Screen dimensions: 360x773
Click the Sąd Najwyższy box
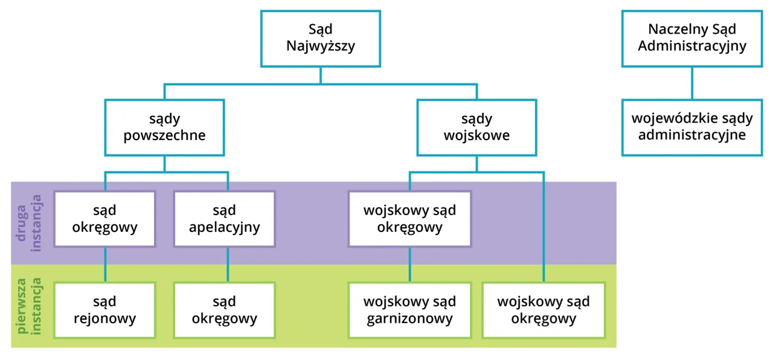(x=320, y=37)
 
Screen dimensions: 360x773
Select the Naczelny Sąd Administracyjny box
(x=692, y=37)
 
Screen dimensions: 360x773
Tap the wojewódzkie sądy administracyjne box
(x=692, y=127)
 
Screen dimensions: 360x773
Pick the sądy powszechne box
(x=164, y=127)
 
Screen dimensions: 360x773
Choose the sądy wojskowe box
(x=476, y=127)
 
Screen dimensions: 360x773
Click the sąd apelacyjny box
(x=224, y=219)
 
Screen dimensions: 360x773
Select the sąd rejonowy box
(x=104, y=310)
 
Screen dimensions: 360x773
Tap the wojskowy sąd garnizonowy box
(x=410, y=310)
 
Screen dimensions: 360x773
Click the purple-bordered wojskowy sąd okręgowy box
(x=410, y=219)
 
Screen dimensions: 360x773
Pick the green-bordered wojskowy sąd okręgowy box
(x=544, y=310)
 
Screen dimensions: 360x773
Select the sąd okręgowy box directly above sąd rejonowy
(x=104, y=219)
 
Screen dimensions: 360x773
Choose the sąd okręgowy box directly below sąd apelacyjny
(x=224, y=310)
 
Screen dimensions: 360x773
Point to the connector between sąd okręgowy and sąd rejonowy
(x=106, y=265)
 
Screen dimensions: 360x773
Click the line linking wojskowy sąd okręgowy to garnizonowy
(x=410, y=265)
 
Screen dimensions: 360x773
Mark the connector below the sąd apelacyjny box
(x=228, y=265)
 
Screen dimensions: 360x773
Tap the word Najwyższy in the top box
(x=320, y=46)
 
